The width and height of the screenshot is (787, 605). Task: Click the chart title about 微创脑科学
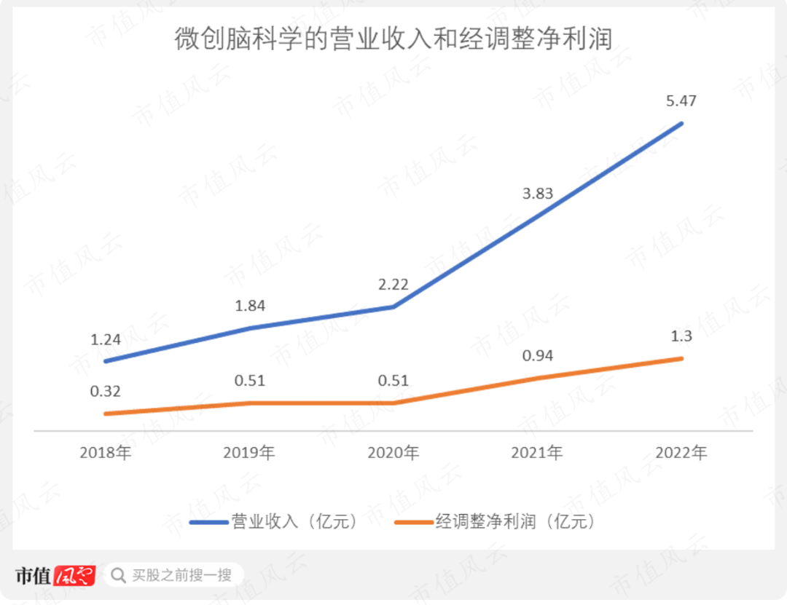(x=393, y=39)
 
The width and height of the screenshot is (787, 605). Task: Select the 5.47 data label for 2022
(x=681, y=101)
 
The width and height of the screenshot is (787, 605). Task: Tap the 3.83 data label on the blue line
(x=537, y=194)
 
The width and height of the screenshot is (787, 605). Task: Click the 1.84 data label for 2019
(x=250, y=306)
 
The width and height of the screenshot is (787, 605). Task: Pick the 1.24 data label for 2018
(x=106, y=339)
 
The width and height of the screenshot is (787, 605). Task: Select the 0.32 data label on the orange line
(x=106, y=391)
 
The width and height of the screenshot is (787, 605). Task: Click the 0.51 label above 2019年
(x=250, y=380)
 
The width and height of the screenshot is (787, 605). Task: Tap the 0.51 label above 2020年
(x=393, y=380)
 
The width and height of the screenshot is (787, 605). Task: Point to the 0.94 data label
(x=537, y=355)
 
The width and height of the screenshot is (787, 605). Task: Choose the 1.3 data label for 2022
(x=681, y=336)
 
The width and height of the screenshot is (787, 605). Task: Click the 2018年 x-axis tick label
(x=106, y=453)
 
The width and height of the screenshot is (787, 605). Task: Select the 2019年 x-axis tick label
(x=250, y=453)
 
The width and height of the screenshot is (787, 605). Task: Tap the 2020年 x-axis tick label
(x=393, y=453)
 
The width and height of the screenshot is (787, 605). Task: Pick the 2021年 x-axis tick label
(x=537, y=453)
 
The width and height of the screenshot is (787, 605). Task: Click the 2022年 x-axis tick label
(x=681, y=453)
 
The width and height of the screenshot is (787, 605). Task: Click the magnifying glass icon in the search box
(x=118, y=576)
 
